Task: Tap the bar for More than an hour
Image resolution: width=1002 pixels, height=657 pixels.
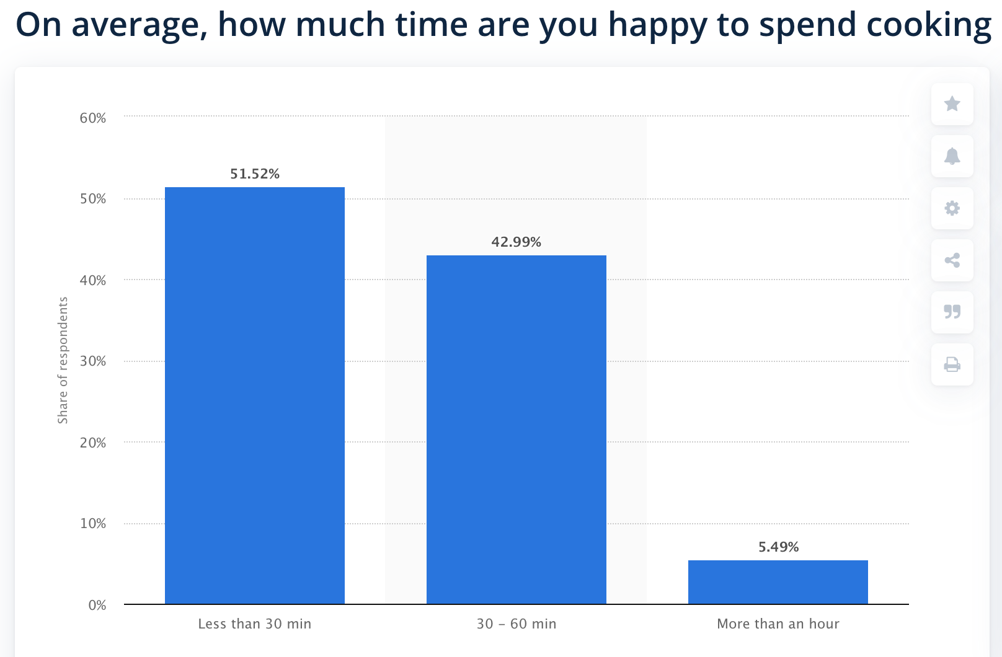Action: (x=778, y=582)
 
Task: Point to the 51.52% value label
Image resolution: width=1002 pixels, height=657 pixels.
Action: (x=255, y=174)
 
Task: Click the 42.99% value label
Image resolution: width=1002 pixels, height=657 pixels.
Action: (x=516, y=242)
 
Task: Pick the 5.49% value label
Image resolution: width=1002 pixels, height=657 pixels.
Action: (x=778, y=547)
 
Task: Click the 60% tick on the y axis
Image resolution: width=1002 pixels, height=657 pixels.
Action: (x=92, y=118)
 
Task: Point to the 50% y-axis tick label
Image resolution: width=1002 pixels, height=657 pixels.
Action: (x=92, y=199)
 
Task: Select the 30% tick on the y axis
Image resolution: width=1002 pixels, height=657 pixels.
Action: (x=92, y=361)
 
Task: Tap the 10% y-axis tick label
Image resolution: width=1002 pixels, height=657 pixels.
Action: (x=92, y=524)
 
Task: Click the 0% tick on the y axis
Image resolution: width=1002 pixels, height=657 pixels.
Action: (x=97, y=605)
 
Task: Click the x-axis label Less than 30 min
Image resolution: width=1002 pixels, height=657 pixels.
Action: (x=254, y=624)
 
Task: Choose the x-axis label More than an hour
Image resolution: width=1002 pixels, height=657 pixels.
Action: (x=778, y=624)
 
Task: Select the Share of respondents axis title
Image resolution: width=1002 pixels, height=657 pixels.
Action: (x=63, y=360)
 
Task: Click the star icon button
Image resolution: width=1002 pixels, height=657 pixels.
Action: (x=952, y=104)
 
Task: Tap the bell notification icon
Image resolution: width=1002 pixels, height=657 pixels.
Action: (x=952, y=156)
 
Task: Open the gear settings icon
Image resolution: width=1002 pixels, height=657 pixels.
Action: (x=952, y=208)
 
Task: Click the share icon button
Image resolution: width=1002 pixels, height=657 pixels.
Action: (x=952, y=260)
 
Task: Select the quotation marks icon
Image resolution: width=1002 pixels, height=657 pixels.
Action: (x=952, y=312)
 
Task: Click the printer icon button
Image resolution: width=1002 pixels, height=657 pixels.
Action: (x=952, y=364)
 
